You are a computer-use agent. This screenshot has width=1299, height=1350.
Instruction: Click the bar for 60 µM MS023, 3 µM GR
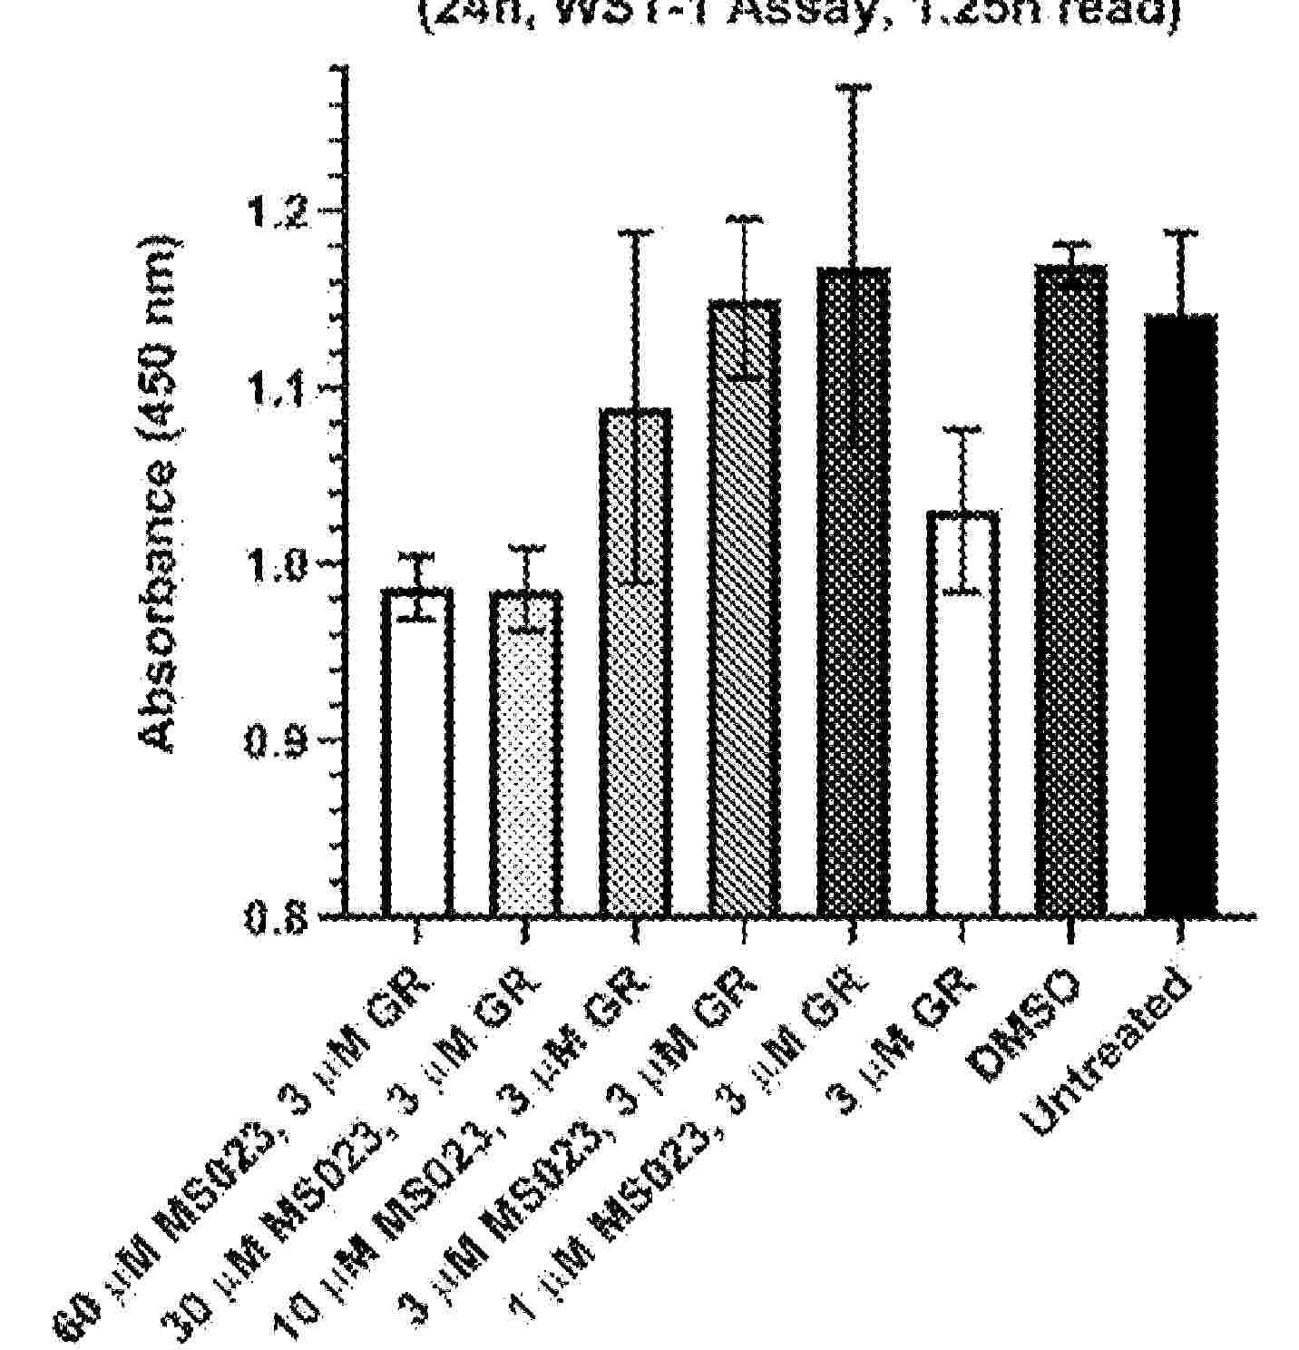[417, 753]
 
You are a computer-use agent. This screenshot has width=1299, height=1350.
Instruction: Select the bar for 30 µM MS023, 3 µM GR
[526, 753]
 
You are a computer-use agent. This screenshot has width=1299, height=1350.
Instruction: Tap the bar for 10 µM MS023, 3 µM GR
[635, 662]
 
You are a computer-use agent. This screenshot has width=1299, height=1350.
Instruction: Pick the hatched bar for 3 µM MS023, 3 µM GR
[744, 608]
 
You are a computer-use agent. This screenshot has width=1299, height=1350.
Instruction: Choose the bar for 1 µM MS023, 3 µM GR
[853, 590]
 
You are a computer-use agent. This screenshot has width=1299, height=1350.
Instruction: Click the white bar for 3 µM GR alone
[962, 717]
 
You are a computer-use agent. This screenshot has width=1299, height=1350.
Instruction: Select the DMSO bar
[1071, 590]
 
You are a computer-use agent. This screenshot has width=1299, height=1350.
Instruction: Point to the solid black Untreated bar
[1180, 617]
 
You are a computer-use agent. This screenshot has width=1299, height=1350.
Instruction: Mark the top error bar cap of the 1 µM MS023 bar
[853, 87]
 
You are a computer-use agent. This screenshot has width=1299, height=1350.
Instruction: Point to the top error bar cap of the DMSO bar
[1071, 243]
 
